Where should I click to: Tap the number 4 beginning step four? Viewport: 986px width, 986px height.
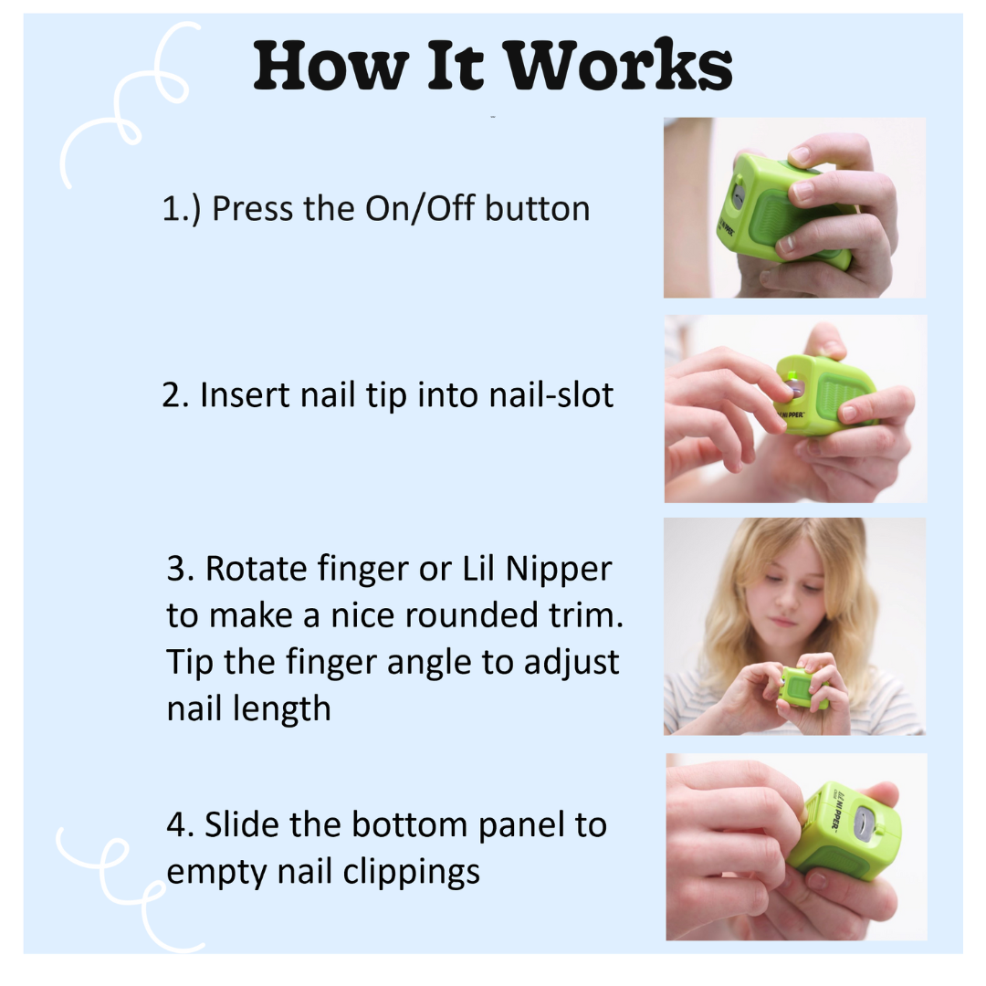tap(176, 824)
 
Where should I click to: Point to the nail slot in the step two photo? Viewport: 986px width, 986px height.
tap(792, 387)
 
